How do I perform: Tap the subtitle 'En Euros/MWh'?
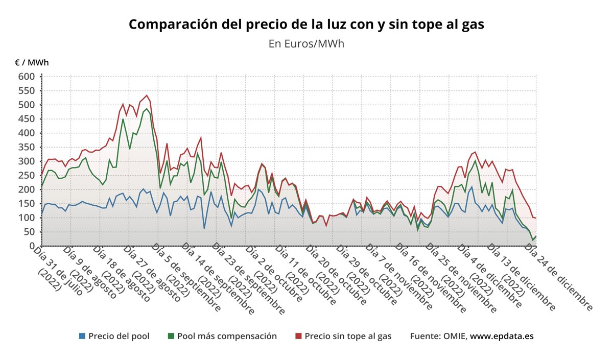[306, 43]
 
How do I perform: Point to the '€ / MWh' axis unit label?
[32, 62]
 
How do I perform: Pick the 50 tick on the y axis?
[29, 232]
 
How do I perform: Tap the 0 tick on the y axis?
[32, 246]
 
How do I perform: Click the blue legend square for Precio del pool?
[82, 336]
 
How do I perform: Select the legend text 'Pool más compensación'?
[227, 336]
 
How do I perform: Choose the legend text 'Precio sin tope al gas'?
[348, 336]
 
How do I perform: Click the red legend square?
[299, 336]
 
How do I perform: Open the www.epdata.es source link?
[502, 336]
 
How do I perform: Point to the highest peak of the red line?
[147, 95]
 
